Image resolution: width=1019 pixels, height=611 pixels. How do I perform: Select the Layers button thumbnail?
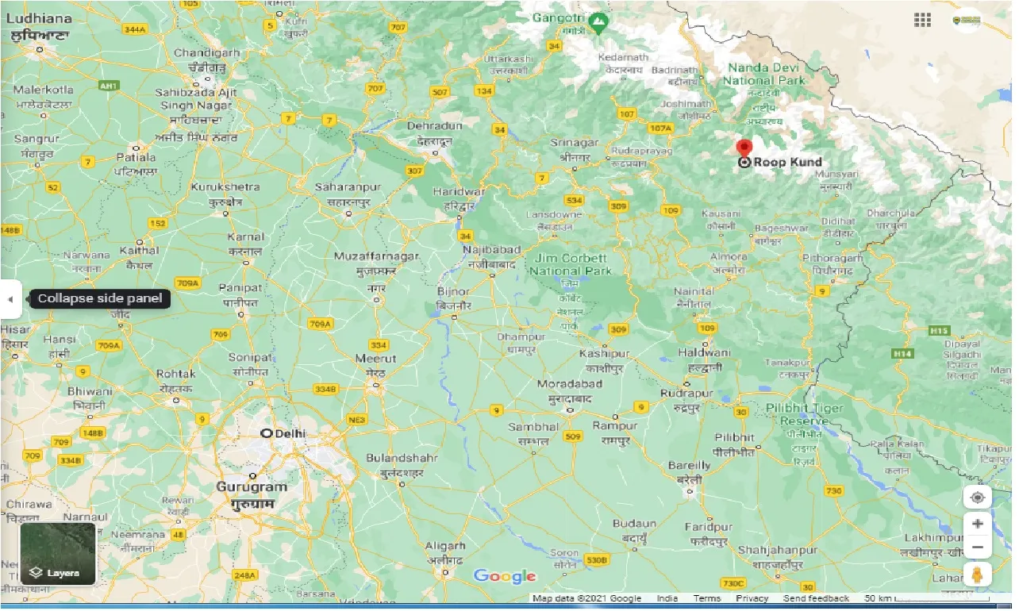point(58,553)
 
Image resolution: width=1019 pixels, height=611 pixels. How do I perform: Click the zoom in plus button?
point(977,525)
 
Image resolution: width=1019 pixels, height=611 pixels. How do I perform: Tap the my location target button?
point(977,498)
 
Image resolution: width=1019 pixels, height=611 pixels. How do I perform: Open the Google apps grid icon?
point(922,20)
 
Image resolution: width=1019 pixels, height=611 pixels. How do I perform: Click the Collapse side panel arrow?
point(10,299)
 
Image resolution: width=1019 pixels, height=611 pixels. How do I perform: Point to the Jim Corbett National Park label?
point(571,264)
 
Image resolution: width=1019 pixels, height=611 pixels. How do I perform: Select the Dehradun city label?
point(434,126)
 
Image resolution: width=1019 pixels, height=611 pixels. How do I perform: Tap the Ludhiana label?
point(40,18)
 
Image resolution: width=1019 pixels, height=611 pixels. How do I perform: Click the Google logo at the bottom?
point(505,577)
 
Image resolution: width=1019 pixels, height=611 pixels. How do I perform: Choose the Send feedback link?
point(816,598)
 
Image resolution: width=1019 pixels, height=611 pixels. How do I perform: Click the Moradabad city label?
point(570,384)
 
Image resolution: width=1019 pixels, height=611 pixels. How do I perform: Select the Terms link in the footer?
point(706,598)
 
